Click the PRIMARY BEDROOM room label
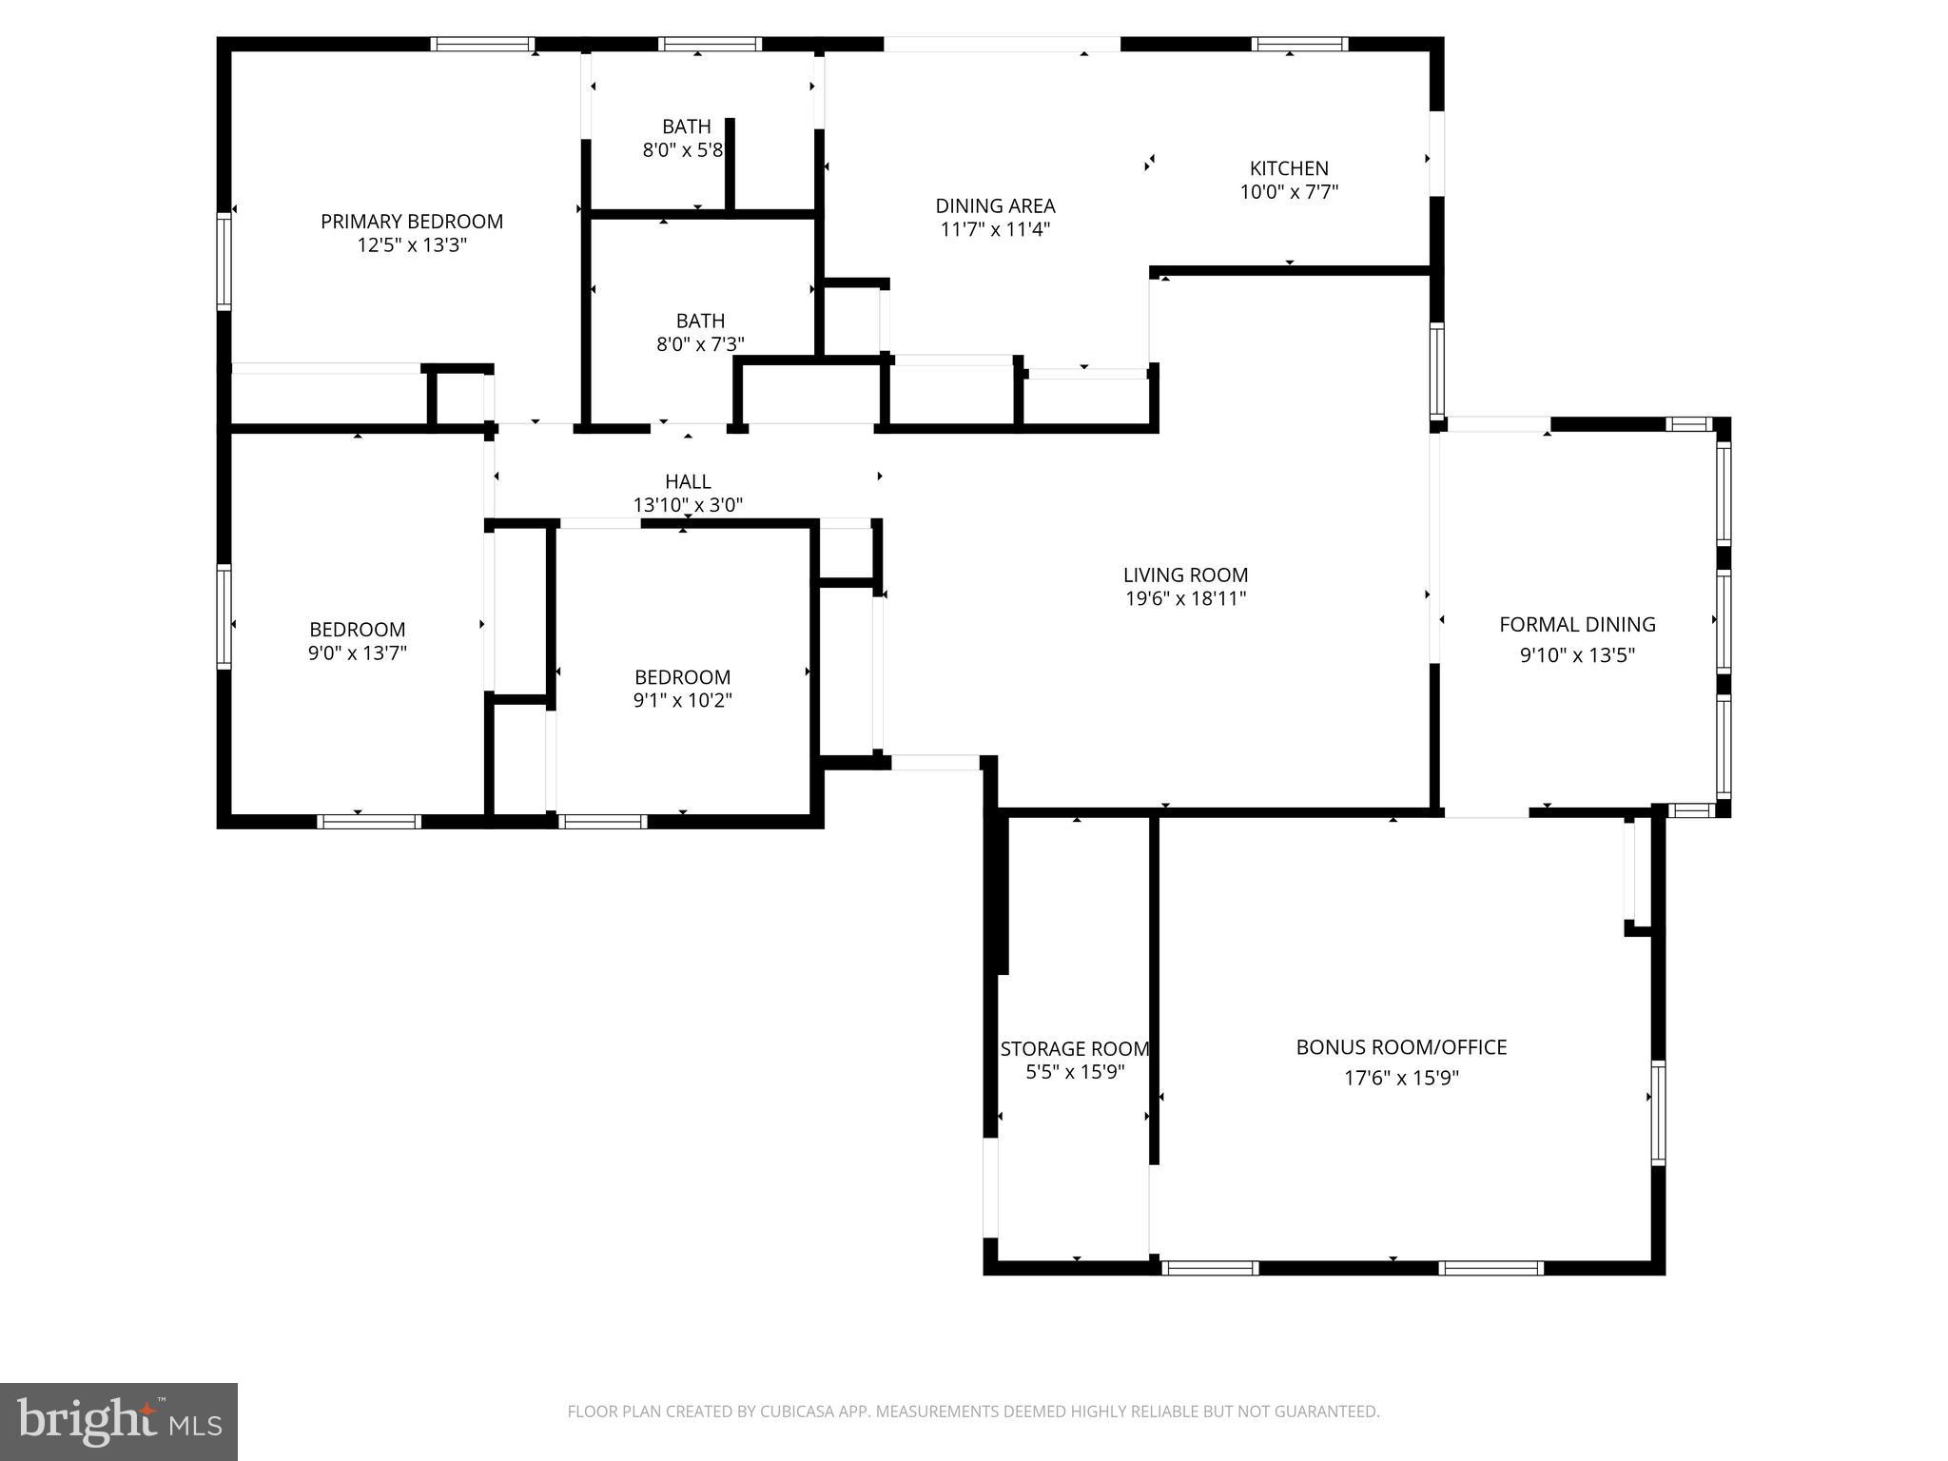411,222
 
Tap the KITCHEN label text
1289,168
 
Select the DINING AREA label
995,205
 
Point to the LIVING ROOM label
1185,575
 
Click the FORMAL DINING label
1577,624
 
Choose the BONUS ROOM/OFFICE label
1401,1047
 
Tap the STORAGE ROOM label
1075,1049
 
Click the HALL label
688,481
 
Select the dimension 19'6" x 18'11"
1185,598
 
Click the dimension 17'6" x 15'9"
1401,1078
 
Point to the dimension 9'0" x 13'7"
358,653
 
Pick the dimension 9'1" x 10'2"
682,701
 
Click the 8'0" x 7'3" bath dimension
700,344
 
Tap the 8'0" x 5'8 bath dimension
683,150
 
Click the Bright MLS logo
119,1421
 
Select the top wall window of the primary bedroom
481,44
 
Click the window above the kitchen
1299,44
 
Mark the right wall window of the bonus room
1658,1112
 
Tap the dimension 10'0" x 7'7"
1289,192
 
